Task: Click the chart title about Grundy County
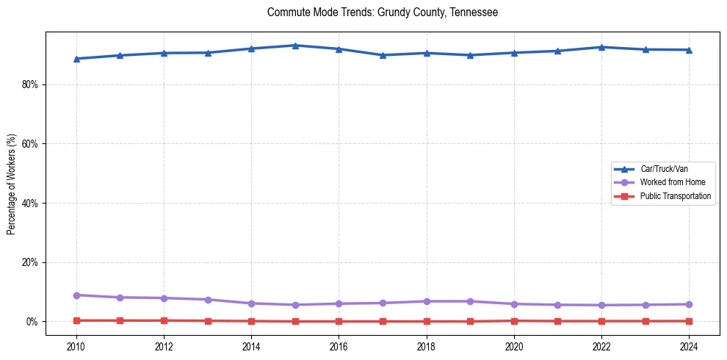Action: point(383,12)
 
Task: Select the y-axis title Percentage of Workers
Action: point(11,184)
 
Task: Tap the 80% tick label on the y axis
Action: point(30,84)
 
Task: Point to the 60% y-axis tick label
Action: point(30,144)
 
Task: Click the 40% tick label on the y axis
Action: point(30,203)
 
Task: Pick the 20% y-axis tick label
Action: point(30,262)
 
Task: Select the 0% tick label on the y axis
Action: point(32,322)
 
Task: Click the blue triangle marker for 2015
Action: point(295,46)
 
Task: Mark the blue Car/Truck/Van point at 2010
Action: point(76,59)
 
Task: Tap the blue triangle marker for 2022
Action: point(601,47)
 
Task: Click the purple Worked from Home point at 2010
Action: point(76,295)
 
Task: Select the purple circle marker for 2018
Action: point(426,301)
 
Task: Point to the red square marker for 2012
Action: point(164,320)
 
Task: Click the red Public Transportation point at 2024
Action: point(689,321)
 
